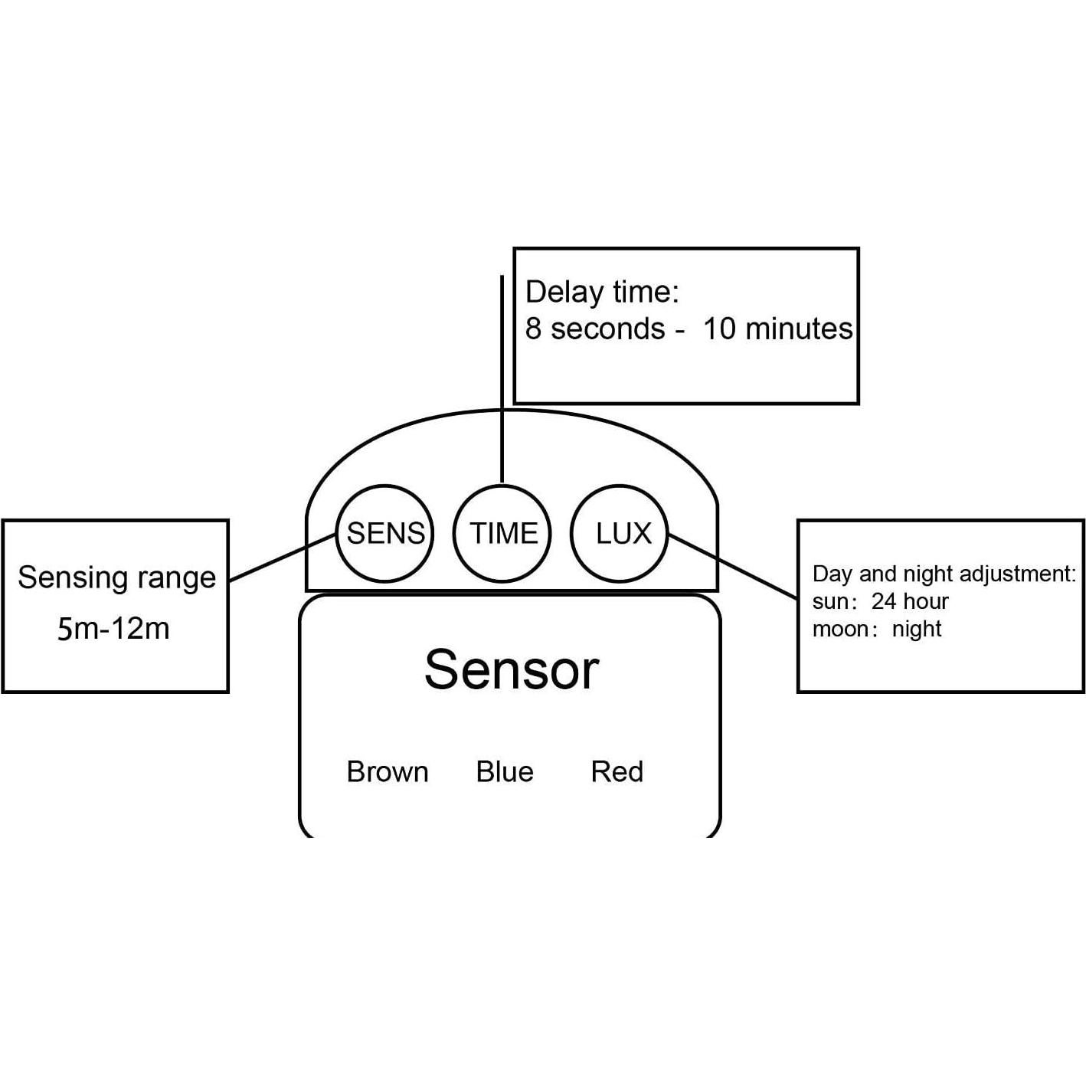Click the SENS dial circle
pos(384,533)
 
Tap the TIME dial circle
pos(502,533)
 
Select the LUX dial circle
pos(620,533)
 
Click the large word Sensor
pos(511,670)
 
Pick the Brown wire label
pos(387,772)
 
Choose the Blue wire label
pos(504,772)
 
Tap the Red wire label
pos(617,772)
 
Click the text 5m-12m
pos(113,629)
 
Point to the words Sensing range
pos(116,578)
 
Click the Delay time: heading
pos(602,293)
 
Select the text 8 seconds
pos(595,329)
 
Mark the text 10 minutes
pos(777,329)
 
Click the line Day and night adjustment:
pos(944,574)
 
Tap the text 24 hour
pos(910,601)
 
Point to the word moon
pos(840,630)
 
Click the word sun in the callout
pos(829,602)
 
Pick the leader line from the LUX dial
pos(733,566)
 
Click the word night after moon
pos(917,630)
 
